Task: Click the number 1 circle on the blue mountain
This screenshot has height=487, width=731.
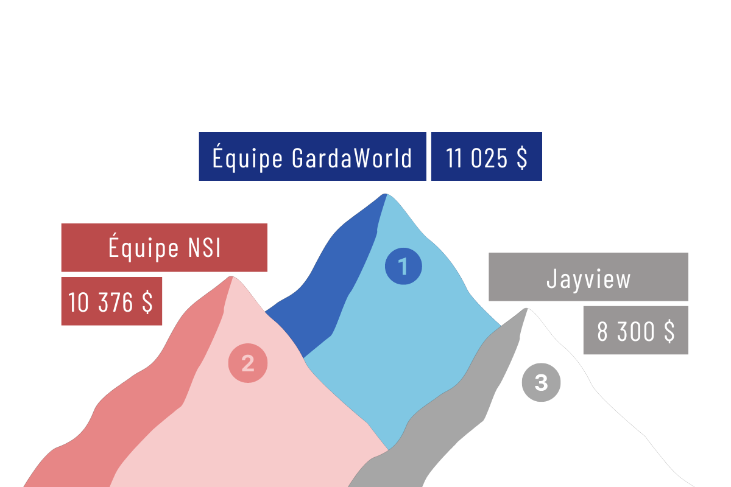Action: [x=403, y=267]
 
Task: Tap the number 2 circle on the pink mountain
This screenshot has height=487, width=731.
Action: [x=247, y=363]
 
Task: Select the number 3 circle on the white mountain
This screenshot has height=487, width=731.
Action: [x=541, y=383]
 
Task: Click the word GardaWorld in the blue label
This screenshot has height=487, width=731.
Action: [x=352, y=158]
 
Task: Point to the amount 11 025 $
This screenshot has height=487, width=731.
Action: [x=486, y=158]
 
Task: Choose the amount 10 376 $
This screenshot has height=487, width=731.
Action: [x=111, y=302]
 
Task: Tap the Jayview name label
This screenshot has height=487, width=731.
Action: [x=588, y=278]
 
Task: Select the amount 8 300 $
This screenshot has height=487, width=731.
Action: [x=635, y=331]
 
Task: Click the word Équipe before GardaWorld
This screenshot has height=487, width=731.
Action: [x=247, y=158]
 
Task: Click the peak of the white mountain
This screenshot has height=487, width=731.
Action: [x=525, y=311]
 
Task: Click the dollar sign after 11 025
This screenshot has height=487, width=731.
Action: [x=521, y=158]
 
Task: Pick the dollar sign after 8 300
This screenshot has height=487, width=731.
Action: [x=668, y=331]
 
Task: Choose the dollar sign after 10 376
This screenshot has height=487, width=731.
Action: [x=147, y=302]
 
